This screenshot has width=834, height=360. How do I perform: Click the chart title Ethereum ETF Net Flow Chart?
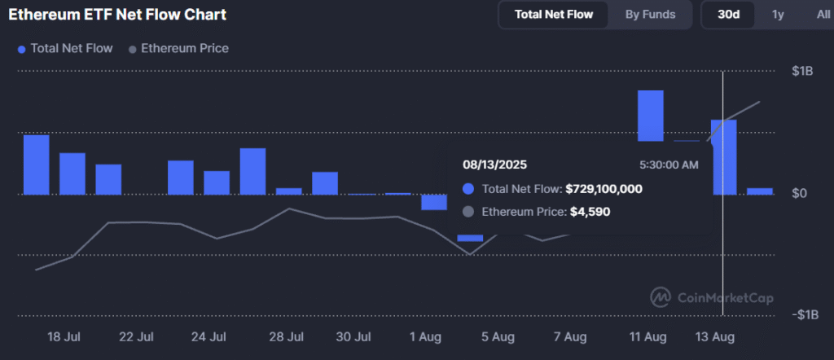click(x=117, y=15)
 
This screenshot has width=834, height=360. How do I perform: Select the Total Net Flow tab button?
click(x=554, y=15)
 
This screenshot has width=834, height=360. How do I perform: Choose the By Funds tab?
click(x=649, y=15)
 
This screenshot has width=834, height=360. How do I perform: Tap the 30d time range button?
click(x=728, y=15)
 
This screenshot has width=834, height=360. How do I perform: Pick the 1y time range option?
click(x=778, y=15)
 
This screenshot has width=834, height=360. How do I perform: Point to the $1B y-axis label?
click(x=802, y=72)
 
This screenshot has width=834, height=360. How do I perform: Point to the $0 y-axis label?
click(x=799, y=194)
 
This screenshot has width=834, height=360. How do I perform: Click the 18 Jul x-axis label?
click(x=64, y=336)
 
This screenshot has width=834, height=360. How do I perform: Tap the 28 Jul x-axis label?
click(x=286, y=336)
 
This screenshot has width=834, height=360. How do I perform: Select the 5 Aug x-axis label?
click(x=498, y=336)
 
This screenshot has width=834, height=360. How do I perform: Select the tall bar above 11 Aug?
click(x=650, y=116)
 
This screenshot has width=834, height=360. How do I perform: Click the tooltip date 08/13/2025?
click(x=495, y=165)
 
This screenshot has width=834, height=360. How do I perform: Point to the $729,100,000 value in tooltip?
click(x=604, y=189)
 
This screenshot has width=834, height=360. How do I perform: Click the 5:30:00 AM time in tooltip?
click(x=669, y=165)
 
